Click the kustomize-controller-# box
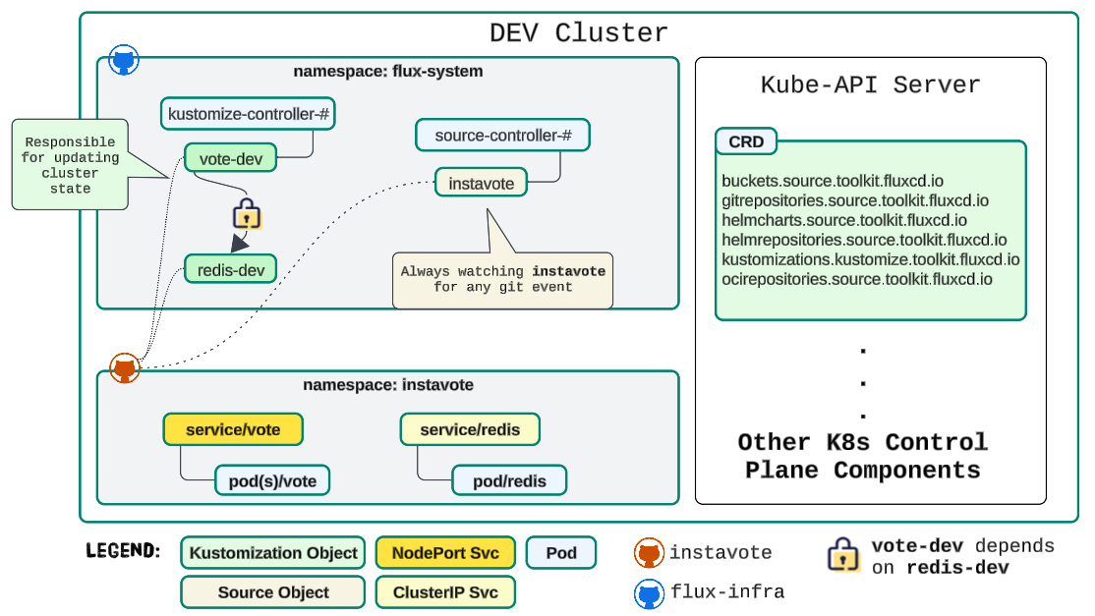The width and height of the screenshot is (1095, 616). coord(249,114)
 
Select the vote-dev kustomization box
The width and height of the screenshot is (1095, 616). coord(230,158)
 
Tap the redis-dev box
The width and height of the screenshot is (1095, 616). coord(230,269)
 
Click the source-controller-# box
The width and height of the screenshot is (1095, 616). coord(502,136)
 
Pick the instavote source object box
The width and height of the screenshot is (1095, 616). coord(481,182)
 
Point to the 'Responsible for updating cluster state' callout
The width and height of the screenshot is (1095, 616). coord(70,164)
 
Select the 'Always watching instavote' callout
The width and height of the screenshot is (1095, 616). coord(502,278)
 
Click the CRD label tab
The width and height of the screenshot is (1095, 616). coord(746,141)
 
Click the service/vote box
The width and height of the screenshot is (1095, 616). coord(233,429)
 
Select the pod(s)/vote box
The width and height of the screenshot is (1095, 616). coord(272,480)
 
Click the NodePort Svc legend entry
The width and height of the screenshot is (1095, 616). coord(445,553)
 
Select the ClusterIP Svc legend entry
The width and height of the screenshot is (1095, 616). coord(445,592)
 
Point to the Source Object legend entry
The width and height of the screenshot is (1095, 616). coord(273,592)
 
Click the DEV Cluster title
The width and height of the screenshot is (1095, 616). coord(578,32)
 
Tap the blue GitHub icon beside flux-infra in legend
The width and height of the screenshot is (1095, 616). coord(649,592)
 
